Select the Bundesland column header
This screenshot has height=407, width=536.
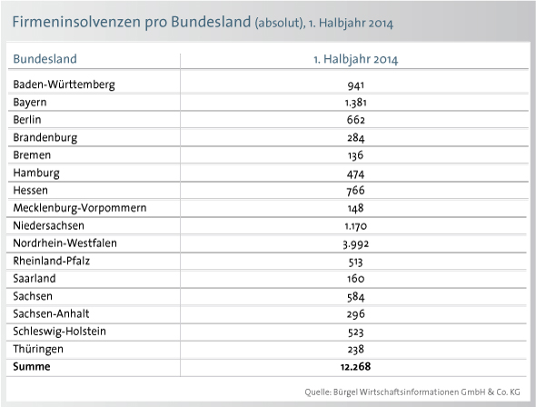[x=45, y=59]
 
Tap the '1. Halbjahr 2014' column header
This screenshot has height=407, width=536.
[x=356, y=59]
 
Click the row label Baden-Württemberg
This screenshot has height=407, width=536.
[x=64, y=84]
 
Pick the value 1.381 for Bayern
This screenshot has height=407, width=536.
[x=356, y=103]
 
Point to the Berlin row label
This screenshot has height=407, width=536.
[x=27, y=120]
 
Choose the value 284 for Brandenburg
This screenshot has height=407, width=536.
[x=356, y=138]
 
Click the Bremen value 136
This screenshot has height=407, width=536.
[x=355, y=156]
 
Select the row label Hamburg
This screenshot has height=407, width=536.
[x=36, y=173]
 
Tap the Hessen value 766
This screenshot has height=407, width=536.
[x=355, y=191]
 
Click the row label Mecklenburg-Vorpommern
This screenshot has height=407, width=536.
[x=80, y=208]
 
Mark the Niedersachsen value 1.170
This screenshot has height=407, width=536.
[x=356, y=226]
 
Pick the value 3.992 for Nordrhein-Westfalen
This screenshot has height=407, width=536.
[x=356, y=244]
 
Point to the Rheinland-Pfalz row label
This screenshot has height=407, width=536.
[x=51, y=261]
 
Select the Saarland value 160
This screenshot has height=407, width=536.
[x=356, y=279]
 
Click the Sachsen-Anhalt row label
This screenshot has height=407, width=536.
[x=51, y=313]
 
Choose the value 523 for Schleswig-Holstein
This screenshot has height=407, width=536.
[x=355, y=333]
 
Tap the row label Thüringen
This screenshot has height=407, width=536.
[x=38, y=349]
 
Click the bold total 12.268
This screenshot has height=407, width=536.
[x=355, y=367]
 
